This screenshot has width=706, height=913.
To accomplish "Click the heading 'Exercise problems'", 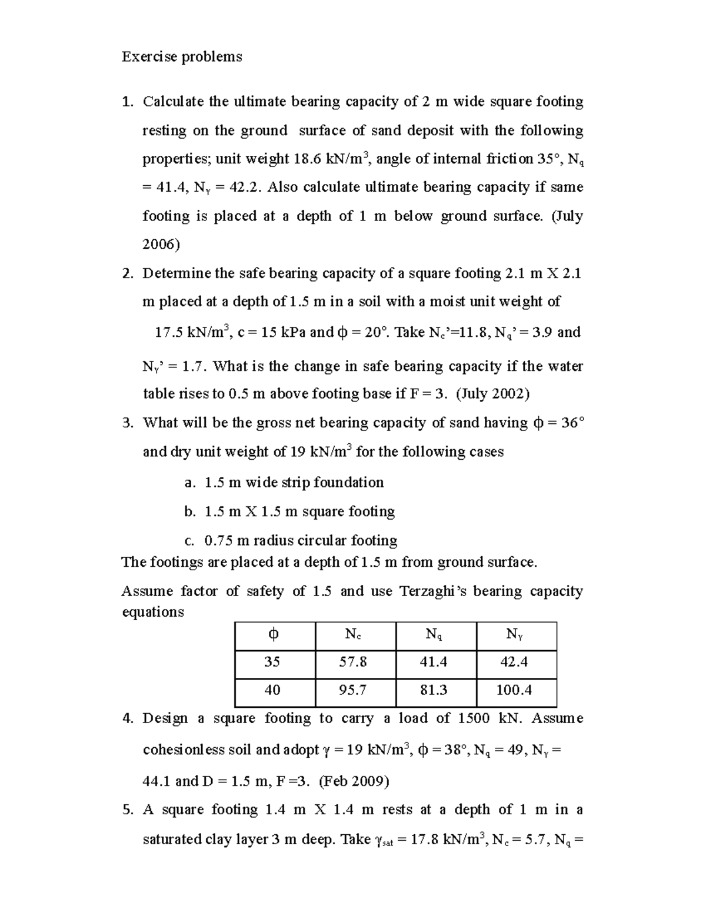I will coord(181,56).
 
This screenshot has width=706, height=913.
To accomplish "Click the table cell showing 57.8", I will coord(353,662).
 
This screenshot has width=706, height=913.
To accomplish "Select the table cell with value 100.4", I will coord(514,690).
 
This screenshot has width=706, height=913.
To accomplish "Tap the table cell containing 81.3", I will coord(434,690).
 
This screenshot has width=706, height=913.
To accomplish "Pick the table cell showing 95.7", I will coord(353,690).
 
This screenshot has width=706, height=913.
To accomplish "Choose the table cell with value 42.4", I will coord(514,662).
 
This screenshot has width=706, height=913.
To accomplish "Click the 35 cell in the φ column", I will coord(272,662).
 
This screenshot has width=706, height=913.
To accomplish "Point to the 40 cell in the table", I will coord(272,690).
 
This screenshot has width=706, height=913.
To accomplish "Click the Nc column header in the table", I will coord(353,634).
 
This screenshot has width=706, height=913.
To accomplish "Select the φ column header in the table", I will coord(272,634).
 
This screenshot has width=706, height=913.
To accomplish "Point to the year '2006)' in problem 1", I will coord(161,245).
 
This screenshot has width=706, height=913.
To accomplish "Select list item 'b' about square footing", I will coord(289,511).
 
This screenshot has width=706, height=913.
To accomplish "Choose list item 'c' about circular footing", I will coord(291,540).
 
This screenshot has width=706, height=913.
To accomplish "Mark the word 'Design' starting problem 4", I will coord(165,718).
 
